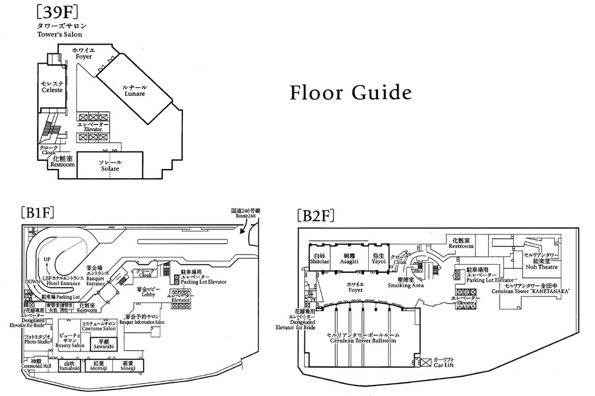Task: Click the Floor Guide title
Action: pos(351,93)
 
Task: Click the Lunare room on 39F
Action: pos(134,91)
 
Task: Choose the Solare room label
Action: pos(109,165)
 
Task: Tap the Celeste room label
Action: pos(52,87)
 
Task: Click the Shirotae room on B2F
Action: pos(319,258)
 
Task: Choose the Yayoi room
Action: pos(379,258)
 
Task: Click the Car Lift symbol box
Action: pos(425,361)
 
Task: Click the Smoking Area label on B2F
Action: pos(405,283)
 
